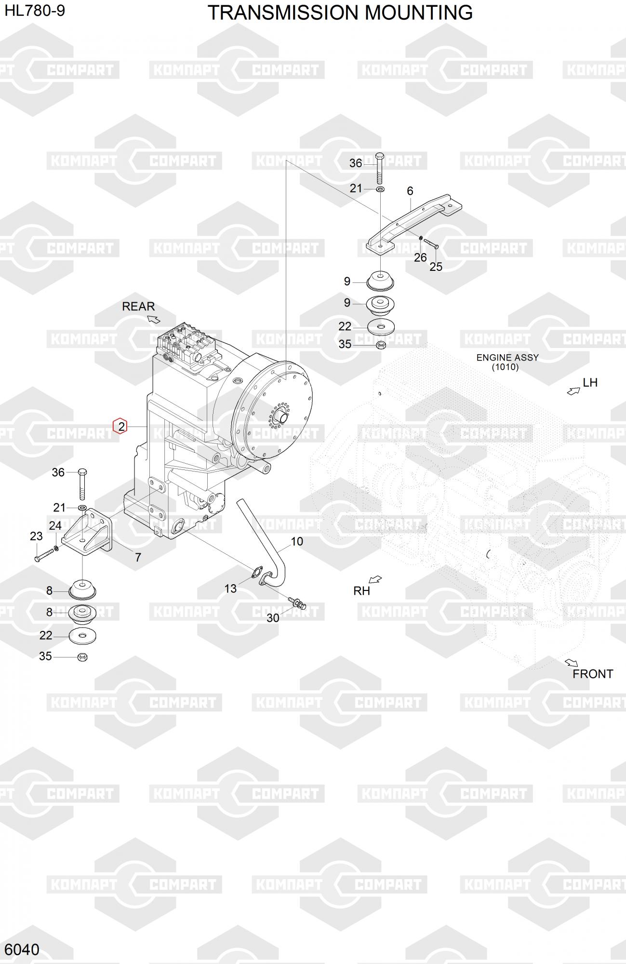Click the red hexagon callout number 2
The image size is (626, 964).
[120, 426]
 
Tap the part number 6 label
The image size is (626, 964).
[410, 191]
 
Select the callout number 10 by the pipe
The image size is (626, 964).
[297, 541]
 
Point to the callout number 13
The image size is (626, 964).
[230, 589]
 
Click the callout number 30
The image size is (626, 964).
[273, 618]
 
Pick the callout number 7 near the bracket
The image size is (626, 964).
[138, 557]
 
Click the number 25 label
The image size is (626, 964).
[436, 267]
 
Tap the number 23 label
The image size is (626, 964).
[36, 536]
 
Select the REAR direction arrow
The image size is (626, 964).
[154, 319]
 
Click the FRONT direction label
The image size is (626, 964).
[593, 674]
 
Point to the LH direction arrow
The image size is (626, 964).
[573, 391]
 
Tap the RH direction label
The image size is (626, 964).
[361, 591]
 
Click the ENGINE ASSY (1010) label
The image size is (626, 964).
[507, 362]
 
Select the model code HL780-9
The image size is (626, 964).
[35, 11]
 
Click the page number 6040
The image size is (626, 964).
[22, 950]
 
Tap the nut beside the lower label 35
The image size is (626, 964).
[82, 656]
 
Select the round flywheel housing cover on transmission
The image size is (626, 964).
[272, 412]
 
